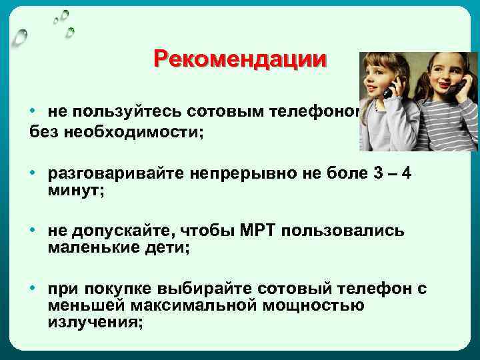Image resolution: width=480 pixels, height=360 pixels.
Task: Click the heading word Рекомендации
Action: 240,59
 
